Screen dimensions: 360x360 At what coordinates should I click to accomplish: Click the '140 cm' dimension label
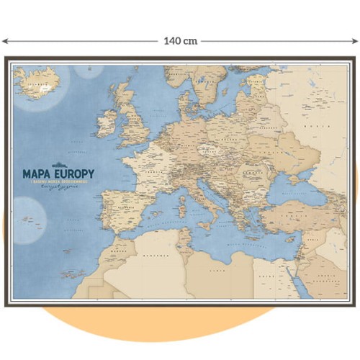tap(180, 41)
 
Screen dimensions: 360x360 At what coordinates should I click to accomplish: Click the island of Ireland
tap(106, 123)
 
